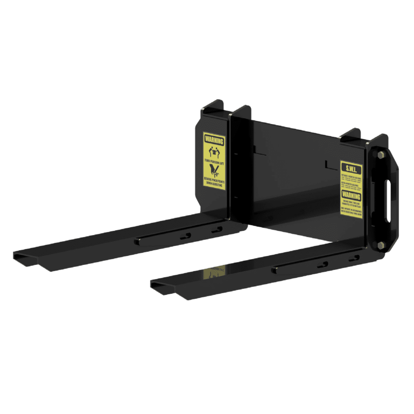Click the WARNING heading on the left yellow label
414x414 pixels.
214,141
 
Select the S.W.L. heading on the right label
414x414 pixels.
351,168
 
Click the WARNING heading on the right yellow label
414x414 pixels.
351,196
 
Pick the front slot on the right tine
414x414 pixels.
322,265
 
